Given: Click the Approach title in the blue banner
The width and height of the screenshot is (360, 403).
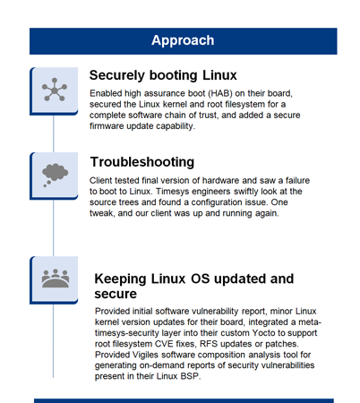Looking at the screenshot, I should [x=182, y=40].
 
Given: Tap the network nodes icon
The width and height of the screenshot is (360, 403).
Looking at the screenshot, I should [x=55, y=88].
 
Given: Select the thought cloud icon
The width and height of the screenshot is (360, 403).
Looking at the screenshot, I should [x=55, y=174].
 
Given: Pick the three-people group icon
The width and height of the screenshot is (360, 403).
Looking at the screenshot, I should [x=55, y=278].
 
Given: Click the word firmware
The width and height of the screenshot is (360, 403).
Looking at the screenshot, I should [x=109, y=126].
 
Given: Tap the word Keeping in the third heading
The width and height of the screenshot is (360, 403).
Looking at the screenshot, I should [x=126, y=278].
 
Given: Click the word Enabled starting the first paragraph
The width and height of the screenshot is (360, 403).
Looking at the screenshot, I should [x=109, y=93].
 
